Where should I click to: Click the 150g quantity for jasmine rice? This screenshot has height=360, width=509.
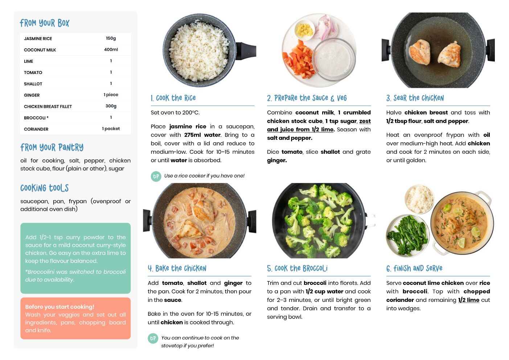click(111, 38)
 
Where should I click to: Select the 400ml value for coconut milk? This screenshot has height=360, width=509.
click(111, 50)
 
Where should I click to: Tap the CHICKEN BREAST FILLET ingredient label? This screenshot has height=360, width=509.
click(48, 107)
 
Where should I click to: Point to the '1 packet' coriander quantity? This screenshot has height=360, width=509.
click(111, 128)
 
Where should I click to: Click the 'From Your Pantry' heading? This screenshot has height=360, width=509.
click(52, 147)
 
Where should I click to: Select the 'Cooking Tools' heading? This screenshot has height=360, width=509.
click(44, 188)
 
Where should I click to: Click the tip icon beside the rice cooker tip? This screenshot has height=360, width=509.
click(156, 176)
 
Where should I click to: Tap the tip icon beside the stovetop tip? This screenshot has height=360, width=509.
click(153, 339)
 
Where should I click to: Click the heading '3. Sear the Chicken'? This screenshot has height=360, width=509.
click(415, 98)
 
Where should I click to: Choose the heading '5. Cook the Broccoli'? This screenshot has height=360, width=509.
click(297, 269)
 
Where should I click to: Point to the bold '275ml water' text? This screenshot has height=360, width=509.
click(202, 135)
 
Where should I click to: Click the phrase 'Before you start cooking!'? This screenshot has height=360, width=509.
click(59, 307)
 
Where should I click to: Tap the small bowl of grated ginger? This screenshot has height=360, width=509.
click(304, 30)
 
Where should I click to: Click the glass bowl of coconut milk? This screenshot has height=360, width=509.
click(333, 59)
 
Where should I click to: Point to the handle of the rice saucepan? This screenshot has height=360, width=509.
click(246, 51)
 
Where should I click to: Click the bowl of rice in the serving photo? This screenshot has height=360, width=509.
click(419, 199)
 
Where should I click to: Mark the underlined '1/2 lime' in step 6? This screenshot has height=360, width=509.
click(469, 300)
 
